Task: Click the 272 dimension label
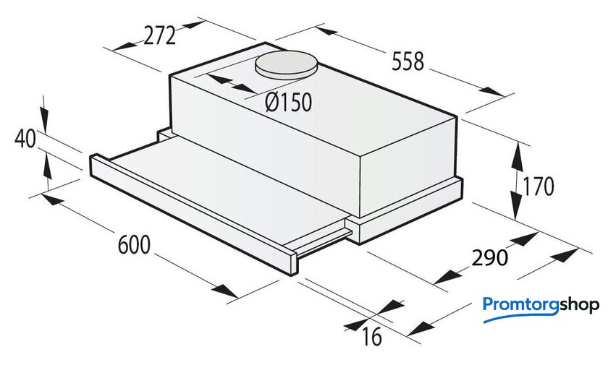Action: [x=160, y=36]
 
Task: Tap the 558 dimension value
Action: [x=408, y=62]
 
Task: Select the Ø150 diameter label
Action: [x=289, y=103]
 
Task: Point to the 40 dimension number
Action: [x=25, y=139]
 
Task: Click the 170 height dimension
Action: [x=539, y=186]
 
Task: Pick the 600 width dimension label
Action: [x=134, y=244]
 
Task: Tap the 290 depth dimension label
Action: [x=489, y=257]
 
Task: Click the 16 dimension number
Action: [x=372, y=337]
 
